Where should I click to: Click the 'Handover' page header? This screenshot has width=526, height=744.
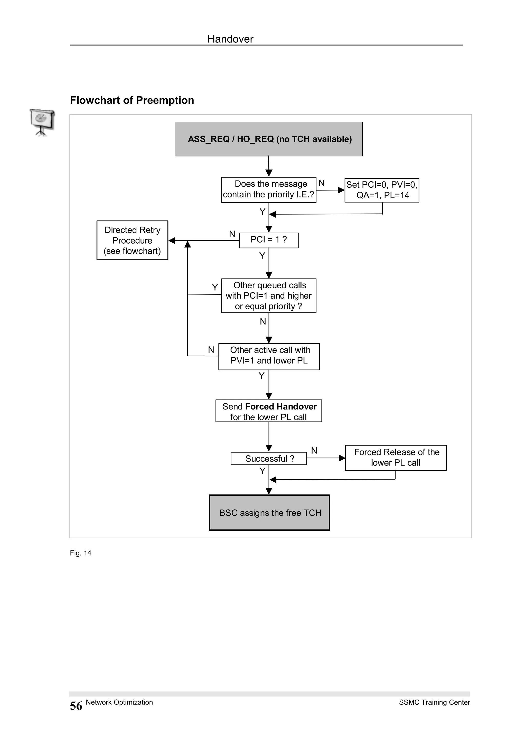pos(230,39)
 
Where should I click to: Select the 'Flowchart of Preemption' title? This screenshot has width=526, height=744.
pos(132,100)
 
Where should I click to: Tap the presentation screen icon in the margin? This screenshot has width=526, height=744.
pos(42,122)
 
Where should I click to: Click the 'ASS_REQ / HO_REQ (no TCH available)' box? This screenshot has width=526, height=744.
pos(268,139)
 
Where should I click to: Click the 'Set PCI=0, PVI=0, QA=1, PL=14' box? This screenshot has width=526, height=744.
pos(381,190)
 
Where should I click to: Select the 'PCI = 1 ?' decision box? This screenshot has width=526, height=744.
pos(268,240)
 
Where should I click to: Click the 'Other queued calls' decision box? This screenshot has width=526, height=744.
pos(268,295)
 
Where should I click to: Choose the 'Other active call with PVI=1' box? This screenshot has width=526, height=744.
pos(269,356)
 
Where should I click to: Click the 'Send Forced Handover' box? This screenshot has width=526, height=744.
pos(268,411)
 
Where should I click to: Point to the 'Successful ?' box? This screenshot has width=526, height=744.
pos(268,459)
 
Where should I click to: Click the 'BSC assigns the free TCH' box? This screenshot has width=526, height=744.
pos(269,513)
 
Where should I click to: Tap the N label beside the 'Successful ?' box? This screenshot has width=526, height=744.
pos(314,450)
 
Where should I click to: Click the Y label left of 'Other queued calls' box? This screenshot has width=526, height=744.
pos(214,287)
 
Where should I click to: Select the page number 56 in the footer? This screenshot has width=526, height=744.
pos(76,706)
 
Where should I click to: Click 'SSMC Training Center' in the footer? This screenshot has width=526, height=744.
pos(434,702)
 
